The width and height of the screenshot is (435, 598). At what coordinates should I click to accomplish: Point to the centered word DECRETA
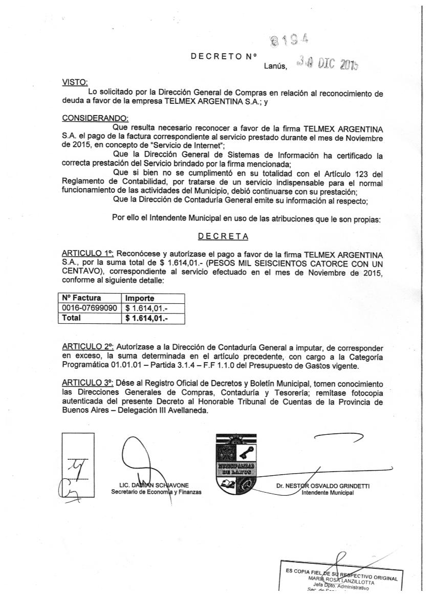point(224,236)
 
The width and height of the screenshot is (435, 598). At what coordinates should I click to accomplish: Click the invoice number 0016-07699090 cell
point(90,308)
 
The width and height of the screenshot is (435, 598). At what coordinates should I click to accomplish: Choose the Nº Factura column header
point(81,298)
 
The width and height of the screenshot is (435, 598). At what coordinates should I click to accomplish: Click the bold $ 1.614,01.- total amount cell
point(147,318)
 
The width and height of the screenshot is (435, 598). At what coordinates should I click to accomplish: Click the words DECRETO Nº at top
point(223,55)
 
